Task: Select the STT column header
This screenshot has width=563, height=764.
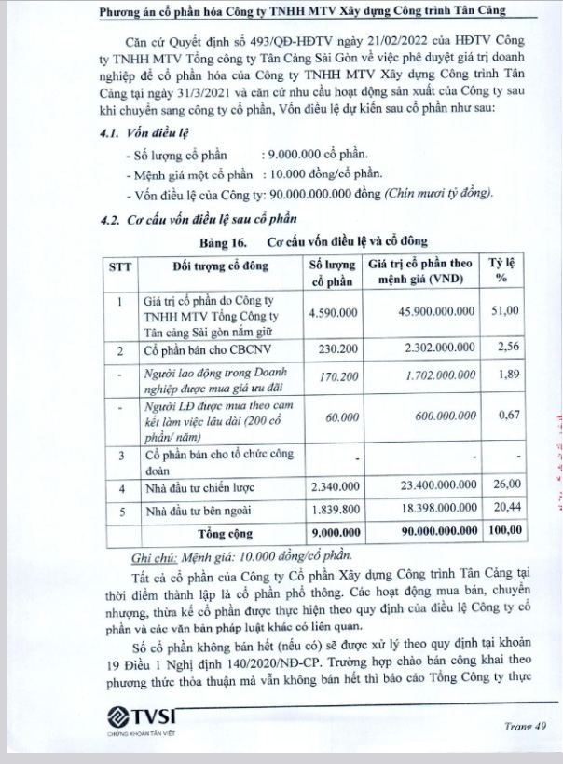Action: pos(119,266)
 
